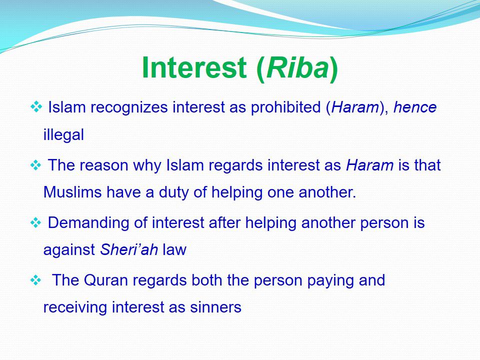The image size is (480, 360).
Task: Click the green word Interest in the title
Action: click(x=194, y=67)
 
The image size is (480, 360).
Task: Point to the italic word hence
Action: click(x=415, y=107)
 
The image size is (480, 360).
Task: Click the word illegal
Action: click(x=63, y=135)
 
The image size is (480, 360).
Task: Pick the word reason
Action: click(x=104, y=165)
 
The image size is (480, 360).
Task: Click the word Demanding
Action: click(x=88, y=223)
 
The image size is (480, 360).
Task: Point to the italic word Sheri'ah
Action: click(x=129, y=249)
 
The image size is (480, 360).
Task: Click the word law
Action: click(x=174, y=249)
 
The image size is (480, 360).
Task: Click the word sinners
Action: click(x=215, y=307)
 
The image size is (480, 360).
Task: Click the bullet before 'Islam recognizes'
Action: click(x=36, y=107)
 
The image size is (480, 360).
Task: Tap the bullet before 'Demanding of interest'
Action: click(x=36, y=222)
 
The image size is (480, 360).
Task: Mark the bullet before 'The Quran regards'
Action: click(x=36, y=280)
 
